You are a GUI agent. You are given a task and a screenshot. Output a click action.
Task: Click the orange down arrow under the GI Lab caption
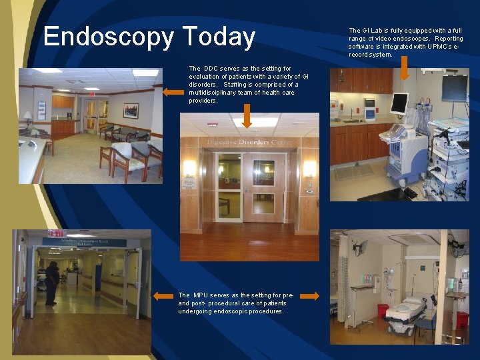[405, 69]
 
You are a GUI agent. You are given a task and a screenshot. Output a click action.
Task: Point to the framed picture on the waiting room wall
[131, 110]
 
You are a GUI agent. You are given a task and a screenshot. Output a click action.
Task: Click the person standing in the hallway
[51, 283]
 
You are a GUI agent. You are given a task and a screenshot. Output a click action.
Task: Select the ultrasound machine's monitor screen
[399, 103]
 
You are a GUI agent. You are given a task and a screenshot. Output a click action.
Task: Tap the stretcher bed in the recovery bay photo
[407, 310]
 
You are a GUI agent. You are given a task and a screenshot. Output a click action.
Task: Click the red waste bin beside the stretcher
[383, 311]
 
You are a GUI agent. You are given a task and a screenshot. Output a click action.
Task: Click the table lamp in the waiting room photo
[27, 117]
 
